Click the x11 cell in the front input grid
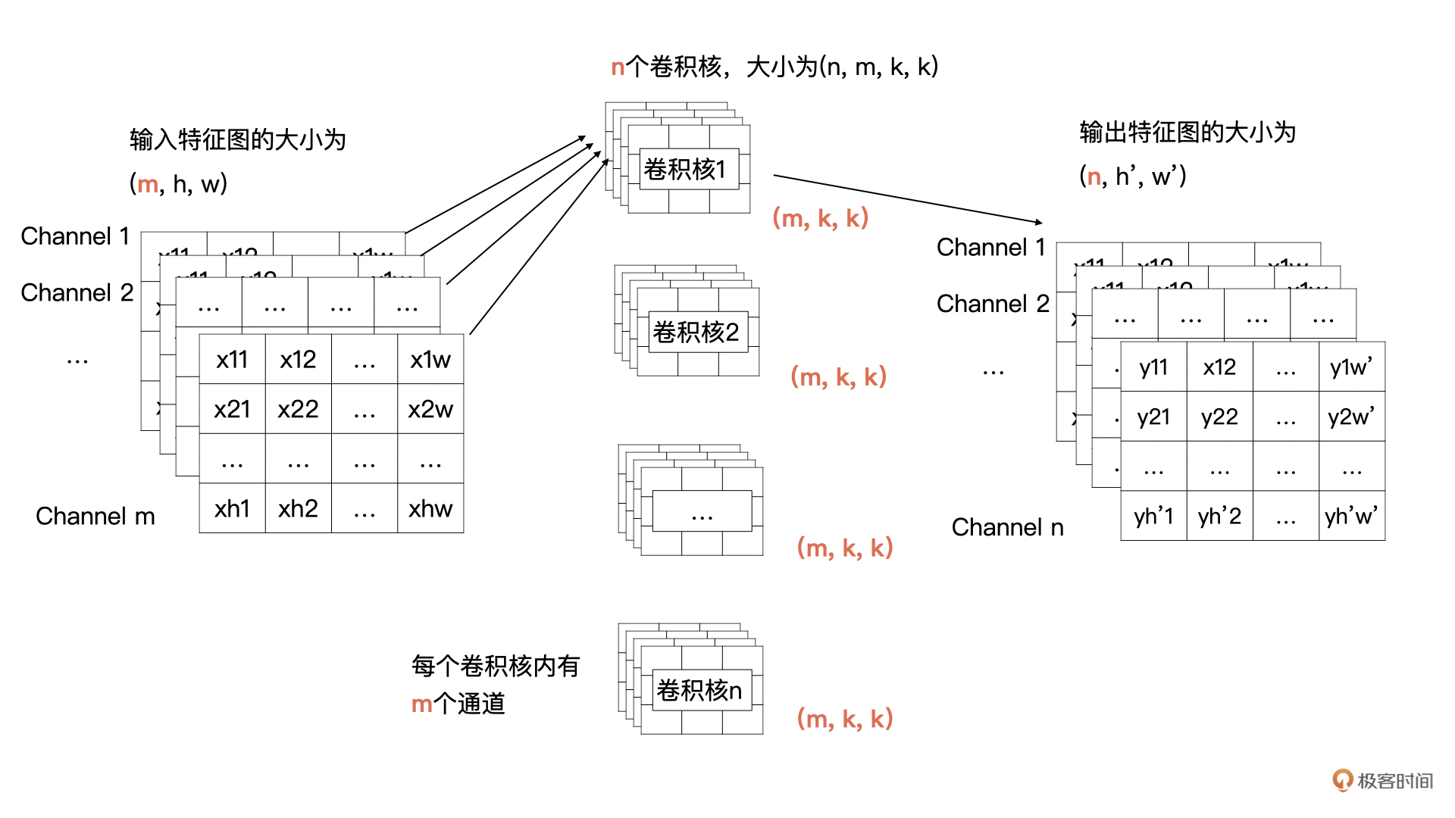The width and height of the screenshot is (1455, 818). point(232,359)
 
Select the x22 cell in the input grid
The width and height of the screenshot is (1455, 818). point(298,409)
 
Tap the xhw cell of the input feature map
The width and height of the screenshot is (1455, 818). point(430,508)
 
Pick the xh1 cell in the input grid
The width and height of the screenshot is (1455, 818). point(232,508)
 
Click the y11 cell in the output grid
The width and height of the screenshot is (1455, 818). point(1153,367)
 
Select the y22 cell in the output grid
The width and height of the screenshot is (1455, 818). point(1219,417)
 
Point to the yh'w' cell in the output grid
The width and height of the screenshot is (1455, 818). point(1351,517)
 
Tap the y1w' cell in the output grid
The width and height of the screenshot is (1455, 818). point(1351,367)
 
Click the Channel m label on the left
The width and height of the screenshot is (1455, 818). point(95,517)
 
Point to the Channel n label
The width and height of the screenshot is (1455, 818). point(1007,527)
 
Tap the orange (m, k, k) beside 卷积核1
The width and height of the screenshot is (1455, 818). point(820,218)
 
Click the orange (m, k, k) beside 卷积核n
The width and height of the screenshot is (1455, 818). point(844,718)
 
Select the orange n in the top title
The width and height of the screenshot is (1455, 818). point(618,67)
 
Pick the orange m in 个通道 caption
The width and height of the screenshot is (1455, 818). point(421,704)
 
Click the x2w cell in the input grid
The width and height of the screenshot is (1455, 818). point(430,409)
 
